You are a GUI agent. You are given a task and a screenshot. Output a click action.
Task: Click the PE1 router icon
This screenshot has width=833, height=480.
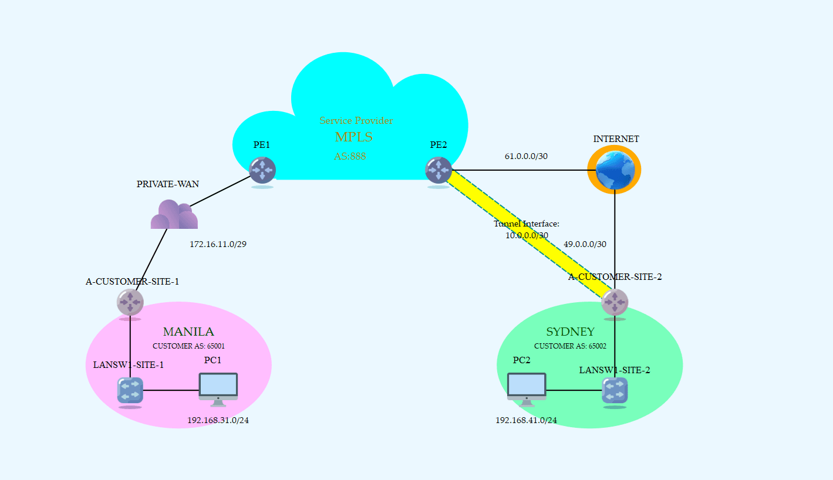(x=262, y=170)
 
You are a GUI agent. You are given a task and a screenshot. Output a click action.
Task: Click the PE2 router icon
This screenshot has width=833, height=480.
(x=439, y=170)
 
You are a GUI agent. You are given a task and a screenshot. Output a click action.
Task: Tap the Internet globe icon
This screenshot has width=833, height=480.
(x=614, y=170)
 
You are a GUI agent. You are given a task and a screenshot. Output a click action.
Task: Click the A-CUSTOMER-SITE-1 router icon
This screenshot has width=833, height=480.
(x=130, y=303)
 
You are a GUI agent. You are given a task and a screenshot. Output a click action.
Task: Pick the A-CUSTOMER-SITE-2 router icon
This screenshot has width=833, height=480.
(x=615, y=303)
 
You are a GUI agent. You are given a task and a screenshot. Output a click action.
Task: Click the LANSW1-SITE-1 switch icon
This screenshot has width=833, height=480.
(x=130, y=390)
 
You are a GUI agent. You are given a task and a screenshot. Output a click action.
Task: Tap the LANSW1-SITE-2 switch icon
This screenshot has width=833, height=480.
(x=615, y=390)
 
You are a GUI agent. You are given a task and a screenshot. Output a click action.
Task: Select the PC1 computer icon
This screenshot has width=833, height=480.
(x=218, y=388)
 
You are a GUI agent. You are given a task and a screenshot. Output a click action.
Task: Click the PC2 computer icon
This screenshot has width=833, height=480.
(x=527, y=388)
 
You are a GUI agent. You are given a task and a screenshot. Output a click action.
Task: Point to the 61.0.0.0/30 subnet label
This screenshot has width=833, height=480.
(x=526, y=157)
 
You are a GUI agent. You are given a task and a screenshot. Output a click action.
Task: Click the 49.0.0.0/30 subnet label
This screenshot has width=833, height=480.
(x=585, y=244)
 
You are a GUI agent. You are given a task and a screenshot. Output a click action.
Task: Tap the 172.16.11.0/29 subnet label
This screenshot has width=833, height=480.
(x=218, y=244)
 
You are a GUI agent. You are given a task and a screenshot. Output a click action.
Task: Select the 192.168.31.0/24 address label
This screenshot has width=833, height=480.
(x=218, y=420)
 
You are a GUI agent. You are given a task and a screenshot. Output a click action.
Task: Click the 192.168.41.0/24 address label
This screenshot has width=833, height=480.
(x=526, y=420)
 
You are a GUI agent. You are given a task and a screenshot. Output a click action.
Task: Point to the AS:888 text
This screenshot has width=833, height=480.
(x=350, y=157)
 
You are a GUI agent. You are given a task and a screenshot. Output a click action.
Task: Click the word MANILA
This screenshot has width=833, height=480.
(x=188, y=332)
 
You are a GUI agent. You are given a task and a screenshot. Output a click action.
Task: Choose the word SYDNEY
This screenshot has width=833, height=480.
(x=570, y=332)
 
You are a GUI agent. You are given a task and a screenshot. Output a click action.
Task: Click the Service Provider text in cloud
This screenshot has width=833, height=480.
(x=356, y=121)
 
